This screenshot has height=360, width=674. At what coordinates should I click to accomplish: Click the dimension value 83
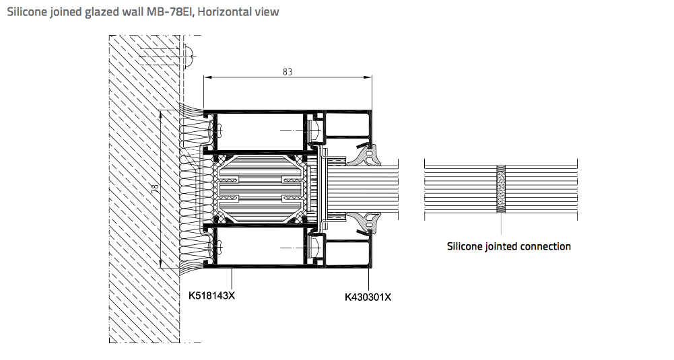[288, 72]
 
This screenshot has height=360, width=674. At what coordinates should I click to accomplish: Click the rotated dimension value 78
[155, 187]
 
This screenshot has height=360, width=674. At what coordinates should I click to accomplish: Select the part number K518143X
[211, 295]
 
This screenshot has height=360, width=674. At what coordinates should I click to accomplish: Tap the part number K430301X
[368, 297]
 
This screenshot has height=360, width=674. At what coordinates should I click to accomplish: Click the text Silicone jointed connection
[509, 246]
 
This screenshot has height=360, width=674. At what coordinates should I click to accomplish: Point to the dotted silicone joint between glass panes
[501, 189]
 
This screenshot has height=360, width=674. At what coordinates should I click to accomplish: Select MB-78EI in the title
[170, 11]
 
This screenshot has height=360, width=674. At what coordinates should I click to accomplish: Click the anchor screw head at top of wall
[189, 56]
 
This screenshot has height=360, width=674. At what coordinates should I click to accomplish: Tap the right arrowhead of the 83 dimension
[368, 77]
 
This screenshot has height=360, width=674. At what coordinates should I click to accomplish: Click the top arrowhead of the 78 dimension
[160, 114]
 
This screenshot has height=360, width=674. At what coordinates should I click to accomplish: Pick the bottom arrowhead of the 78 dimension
[160, 264]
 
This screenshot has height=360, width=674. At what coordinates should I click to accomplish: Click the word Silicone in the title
[27, 11]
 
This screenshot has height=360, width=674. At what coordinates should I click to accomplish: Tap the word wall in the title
[133, 11]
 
